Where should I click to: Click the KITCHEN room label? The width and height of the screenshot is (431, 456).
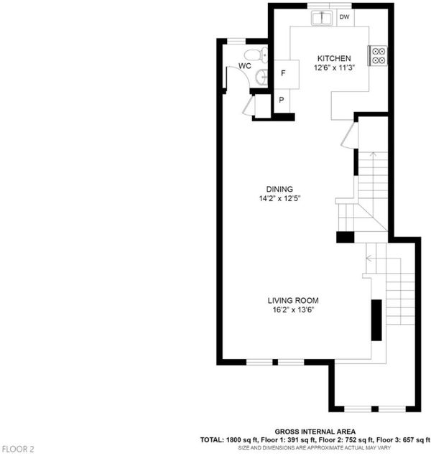coord(334,58)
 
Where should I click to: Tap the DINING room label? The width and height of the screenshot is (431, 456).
coord(279,189)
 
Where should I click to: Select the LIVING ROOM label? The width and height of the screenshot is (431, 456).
coord(293,300)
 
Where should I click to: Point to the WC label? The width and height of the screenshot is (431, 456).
coord(244,66)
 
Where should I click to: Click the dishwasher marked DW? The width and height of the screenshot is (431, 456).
coord(346,17)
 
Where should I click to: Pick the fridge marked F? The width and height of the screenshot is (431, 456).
coord(287,74)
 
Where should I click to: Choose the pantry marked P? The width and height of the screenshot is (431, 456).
coord(282,101)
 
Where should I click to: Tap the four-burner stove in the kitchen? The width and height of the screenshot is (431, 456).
coord(378,55)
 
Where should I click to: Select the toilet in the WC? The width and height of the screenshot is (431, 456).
coord(256,55)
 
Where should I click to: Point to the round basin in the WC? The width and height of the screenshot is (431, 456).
coord(261,78)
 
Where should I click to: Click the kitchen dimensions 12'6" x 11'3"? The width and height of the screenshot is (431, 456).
coord(334,68)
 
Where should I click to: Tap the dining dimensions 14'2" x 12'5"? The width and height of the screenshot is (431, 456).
coord(279,199)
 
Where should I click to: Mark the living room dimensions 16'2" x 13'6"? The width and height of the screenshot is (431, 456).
coord(293,310)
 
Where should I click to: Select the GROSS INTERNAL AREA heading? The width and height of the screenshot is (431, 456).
coord(315,432)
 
